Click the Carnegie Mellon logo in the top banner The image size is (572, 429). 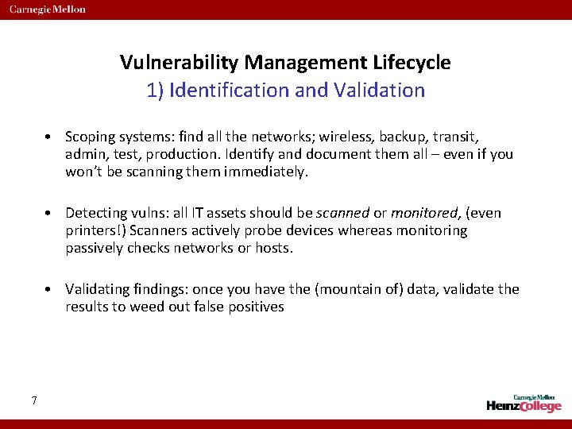click(48, 10)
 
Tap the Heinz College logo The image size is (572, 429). click(524, 403)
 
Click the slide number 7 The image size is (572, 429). click(34, 400)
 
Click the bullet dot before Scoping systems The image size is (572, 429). click(49, 137)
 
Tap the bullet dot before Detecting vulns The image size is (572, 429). click(49, 214)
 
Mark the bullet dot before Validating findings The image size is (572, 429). click(49, 290)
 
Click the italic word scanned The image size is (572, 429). click(343, 213)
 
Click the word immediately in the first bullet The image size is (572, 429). click(262, 171)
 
